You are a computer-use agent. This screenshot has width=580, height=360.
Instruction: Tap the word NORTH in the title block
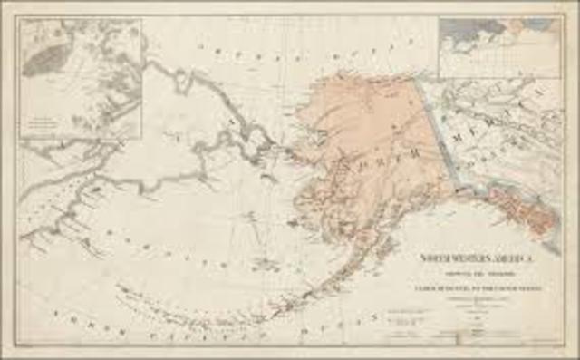[432, 258]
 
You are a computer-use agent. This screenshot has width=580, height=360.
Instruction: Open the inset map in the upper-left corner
[82, 77]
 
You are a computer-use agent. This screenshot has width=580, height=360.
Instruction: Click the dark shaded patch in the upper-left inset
[45, 59]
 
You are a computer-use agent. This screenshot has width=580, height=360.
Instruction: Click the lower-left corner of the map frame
[19, 344]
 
